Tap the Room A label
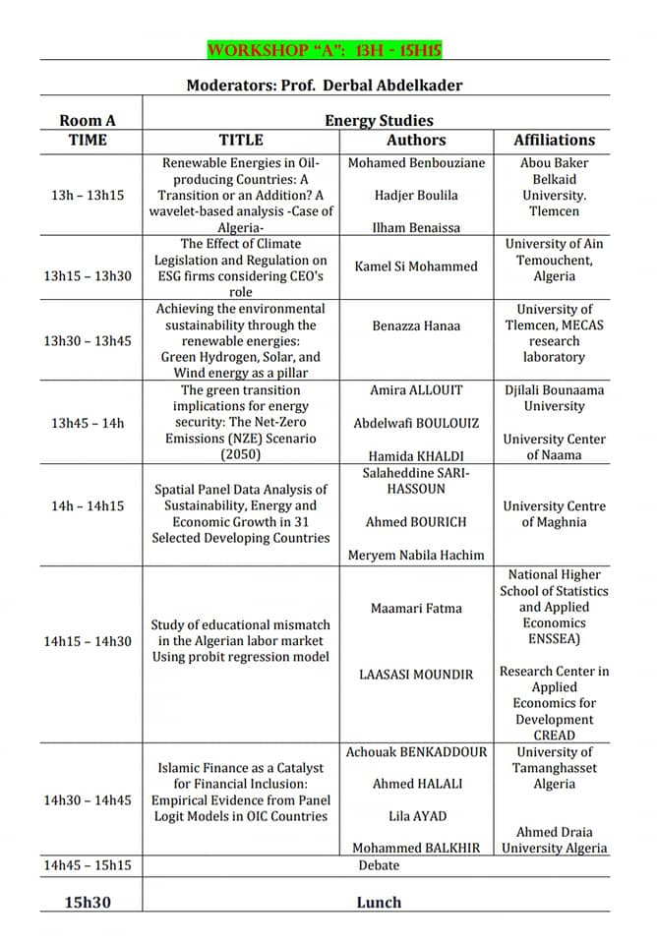88,121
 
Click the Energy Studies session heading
379,121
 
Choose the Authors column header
416,141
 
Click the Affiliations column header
554,141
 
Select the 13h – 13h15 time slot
88,195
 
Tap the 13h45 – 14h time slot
88,423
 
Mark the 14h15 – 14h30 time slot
88,641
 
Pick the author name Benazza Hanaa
416,325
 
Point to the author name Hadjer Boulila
416,195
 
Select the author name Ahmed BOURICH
416,522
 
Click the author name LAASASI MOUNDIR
416,674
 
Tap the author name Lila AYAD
416,815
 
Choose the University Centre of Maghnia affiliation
554,513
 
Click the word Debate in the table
379,865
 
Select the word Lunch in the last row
379,902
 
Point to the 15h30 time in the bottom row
88,901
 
